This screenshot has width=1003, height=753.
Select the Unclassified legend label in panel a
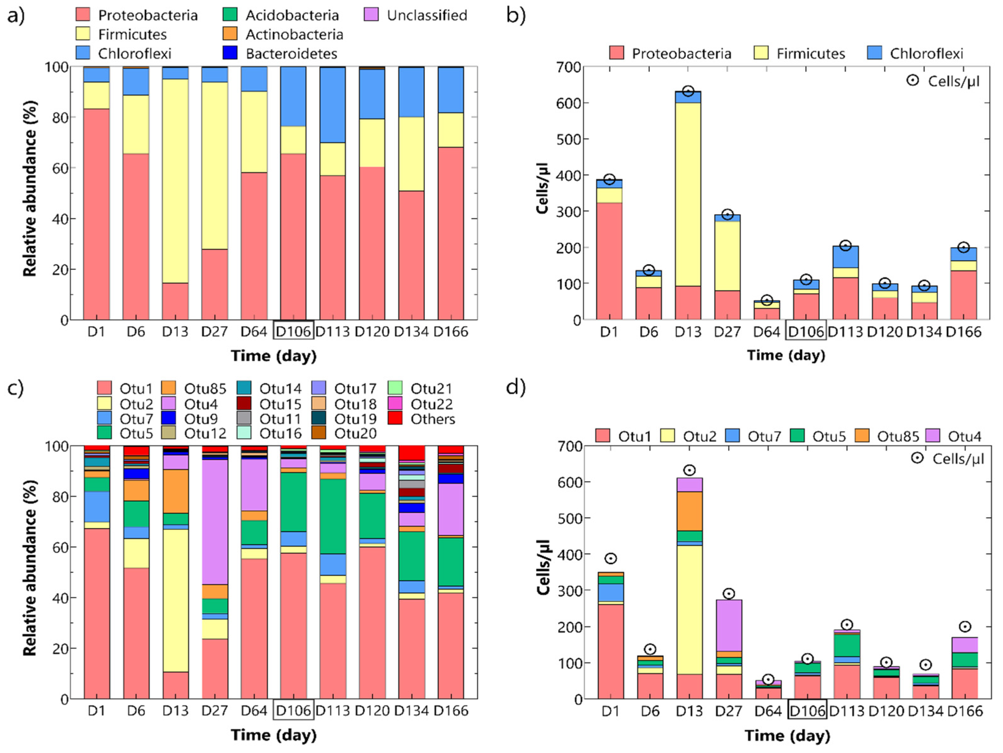pos(426,15)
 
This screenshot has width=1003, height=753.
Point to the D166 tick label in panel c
pos(451,710)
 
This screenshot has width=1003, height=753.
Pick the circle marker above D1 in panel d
pos(610,558)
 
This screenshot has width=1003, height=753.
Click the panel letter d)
pos(516,387)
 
